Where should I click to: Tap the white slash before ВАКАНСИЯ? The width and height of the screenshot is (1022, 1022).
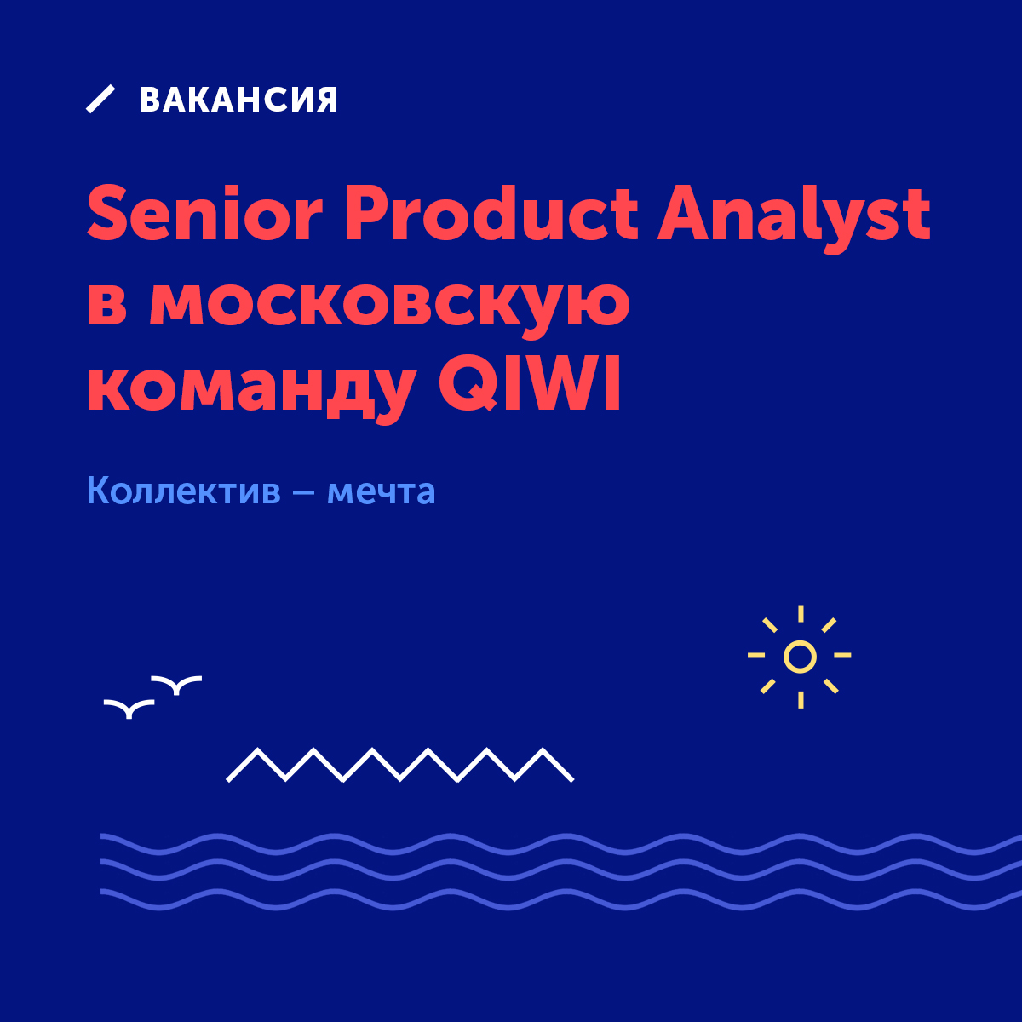[100, 99]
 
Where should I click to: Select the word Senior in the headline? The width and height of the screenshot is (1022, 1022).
[205, 213]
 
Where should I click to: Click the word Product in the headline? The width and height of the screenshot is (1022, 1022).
[491, 213]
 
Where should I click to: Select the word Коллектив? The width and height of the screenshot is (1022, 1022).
[183, 491]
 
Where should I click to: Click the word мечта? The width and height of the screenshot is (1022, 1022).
[381, 493]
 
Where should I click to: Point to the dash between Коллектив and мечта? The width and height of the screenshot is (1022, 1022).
[303, 492]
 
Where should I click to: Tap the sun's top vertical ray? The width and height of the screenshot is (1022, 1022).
[801, 613]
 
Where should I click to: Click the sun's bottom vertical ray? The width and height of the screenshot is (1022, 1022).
[801, 699]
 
